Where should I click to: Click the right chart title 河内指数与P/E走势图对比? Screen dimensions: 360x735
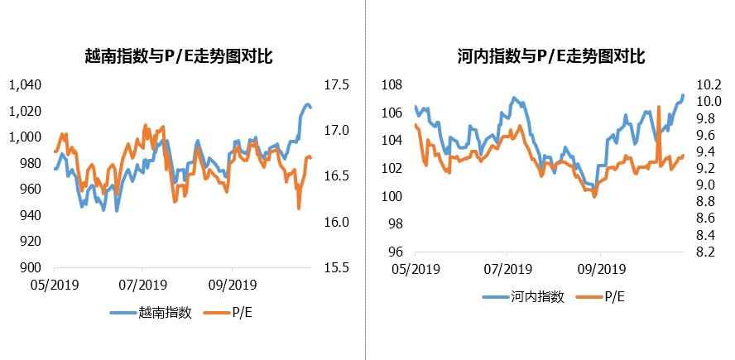550,56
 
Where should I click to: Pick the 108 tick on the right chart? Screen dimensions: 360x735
392,84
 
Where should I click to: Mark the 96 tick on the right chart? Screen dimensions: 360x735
395,252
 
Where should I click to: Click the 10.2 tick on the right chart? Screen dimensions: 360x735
710,84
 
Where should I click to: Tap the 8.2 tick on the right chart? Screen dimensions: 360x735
708,252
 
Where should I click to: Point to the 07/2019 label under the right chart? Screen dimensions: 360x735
507,268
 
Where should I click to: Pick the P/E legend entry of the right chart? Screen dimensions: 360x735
613,297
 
